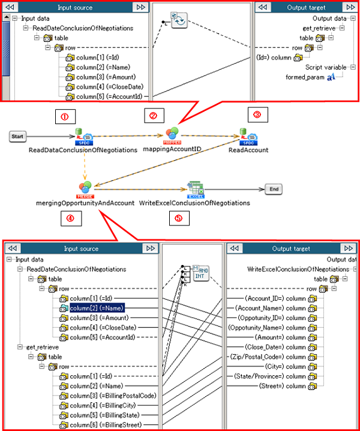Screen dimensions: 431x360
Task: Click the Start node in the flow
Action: [x=17, y=137]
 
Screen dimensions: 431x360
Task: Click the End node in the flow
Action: [x=274, y=188]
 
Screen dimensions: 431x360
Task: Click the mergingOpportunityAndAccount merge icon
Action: [x=85, y=188]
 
